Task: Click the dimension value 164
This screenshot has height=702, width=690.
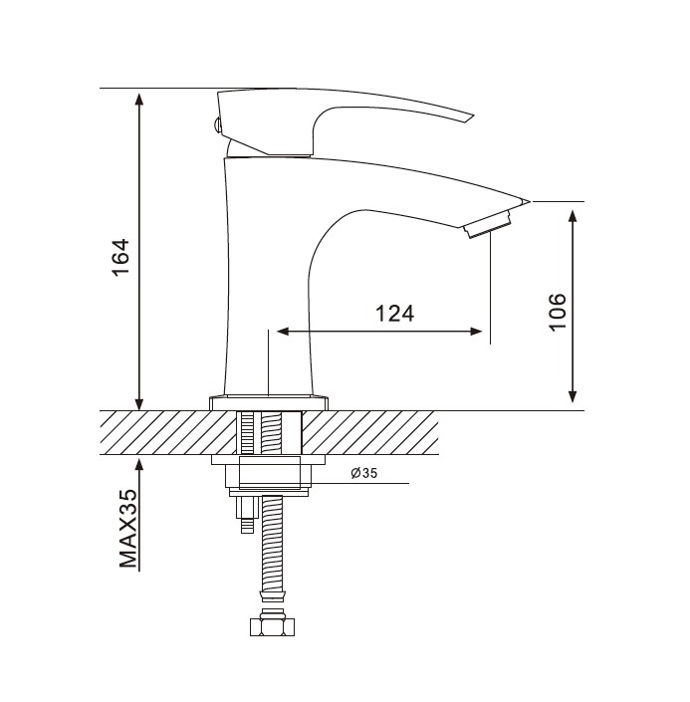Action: [x=121, y=258]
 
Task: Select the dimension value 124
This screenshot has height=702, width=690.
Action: [x=394, y=314]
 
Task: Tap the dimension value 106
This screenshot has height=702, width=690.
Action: [x=558, y=312]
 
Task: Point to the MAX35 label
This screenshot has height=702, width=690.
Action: [x=128, y=529]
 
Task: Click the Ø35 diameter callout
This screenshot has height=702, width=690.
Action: [x=364, y=473]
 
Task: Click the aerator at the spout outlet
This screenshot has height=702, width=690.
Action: [x=487, y=226]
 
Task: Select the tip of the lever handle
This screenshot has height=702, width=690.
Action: [x=473, y=116]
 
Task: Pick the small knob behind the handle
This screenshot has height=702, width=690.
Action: [x=216, y=124]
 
